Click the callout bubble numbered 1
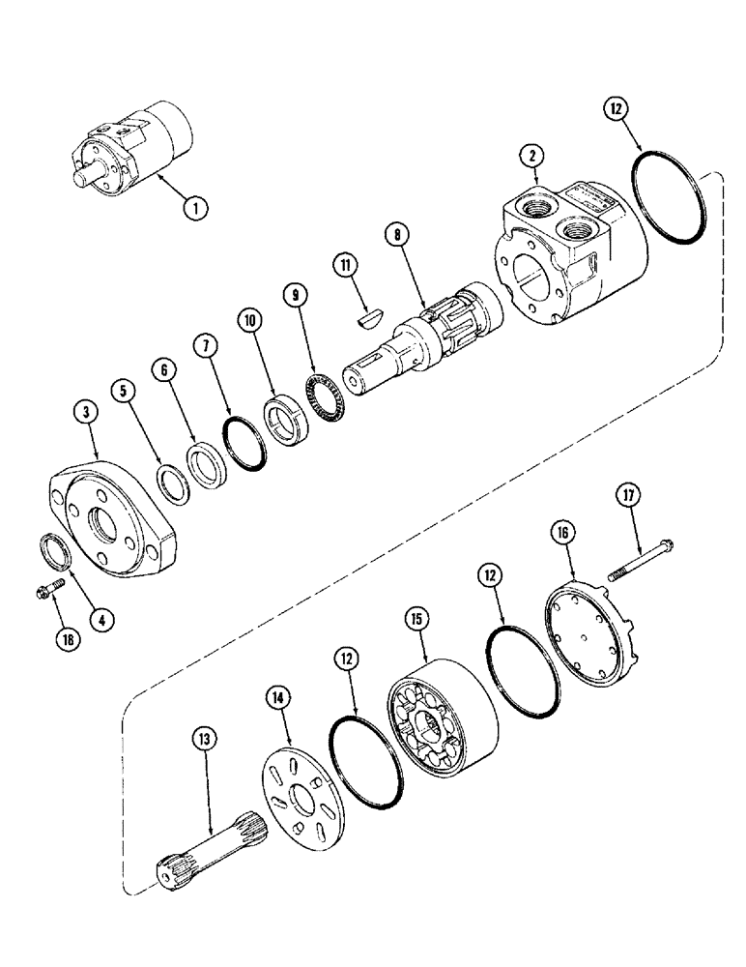(x=197, y=205)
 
